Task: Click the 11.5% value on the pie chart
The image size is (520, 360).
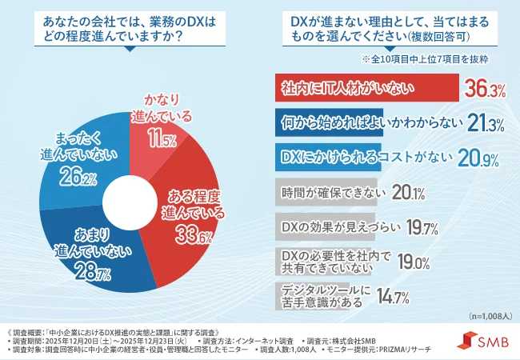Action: tap(162, 139)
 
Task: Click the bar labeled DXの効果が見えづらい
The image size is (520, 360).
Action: tap(328, 226)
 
